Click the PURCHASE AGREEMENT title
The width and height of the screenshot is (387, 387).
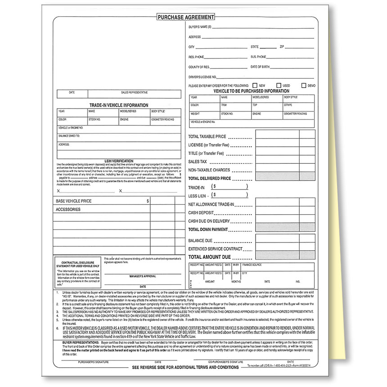185,17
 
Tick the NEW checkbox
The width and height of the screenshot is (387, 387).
255,85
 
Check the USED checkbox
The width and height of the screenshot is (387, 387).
279,85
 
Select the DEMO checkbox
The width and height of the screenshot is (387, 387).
304,85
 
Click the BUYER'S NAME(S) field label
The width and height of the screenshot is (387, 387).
200,27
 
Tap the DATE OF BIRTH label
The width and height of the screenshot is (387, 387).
260,67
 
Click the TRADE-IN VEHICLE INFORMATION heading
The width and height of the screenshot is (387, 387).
118,105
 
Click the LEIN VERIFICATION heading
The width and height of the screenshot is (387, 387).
119,161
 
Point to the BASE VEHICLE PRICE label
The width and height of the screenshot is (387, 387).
73,201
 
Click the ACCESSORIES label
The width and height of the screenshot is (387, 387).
68,209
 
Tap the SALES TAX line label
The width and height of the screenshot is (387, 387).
198,162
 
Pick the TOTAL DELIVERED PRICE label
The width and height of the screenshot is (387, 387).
209,179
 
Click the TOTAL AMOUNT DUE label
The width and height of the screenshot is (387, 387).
209,257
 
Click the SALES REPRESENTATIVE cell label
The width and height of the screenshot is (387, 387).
134,92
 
